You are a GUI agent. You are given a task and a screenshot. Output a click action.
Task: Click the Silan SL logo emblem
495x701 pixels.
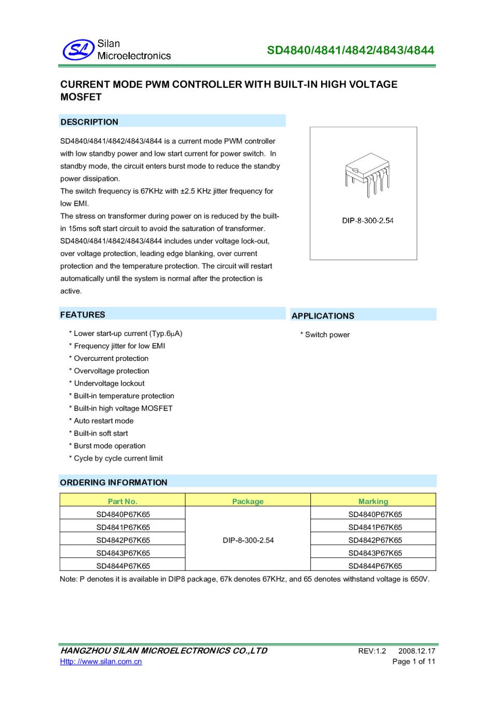click(x=78, y=50)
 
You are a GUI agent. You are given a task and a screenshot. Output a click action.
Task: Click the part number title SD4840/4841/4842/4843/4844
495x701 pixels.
click(x=350, y=50)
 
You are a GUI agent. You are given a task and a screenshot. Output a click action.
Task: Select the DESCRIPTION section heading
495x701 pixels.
click(x=89, y=122)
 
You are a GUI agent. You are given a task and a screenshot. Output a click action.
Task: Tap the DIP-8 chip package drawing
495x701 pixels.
click(x=367, y=173)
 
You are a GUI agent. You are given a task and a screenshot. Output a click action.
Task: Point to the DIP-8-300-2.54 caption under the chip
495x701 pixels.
click(x=367, y=221)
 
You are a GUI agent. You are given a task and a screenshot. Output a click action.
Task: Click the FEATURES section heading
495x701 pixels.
click(x=82, y=315)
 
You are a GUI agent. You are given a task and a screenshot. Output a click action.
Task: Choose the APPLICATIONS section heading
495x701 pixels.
click(x=323, y=316)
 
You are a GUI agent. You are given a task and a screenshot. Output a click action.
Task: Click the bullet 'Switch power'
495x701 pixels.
click(x=327, y=335)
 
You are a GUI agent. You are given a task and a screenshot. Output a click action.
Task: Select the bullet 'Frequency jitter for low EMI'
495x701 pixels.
click(x=119, y=346)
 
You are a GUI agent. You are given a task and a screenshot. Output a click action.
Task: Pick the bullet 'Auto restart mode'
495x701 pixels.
click(x=103, y=421)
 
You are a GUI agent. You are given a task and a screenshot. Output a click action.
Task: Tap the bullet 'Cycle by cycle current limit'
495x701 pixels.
click(x=118, y=459)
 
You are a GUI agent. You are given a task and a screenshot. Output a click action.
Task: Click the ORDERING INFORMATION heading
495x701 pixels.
click(x=114, y=482)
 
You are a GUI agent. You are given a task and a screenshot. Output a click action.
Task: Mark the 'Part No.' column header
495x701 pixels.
click(x=122, y=502)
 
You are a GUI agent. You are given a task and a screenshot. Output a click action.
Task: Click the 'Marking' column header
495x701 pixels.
click(x=373, y=502)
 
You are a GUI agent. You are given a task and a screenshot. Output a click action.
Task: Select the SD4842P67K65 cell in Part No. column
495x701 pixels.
click(x=123, y=541)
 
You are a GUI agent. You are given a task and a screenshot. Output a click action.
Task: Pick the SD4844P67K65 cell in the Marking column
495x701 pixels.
click(x=375, y=566)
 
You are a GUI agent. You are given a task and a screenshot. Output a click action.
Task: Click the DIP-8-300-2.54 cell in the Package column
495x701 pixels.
click(x=248, y=541)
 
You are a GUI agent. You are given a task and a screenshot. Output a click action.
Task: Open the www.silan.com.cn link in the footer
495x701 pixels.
click(x=101, y=662)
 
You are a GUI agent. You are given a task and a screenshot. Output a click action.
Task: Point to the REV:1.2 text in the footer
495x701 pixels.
click(x=372, y=651)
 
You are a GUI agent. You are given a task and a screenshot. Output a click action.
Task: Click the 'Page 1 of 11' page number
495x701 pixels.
click(x=414, y=662)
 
